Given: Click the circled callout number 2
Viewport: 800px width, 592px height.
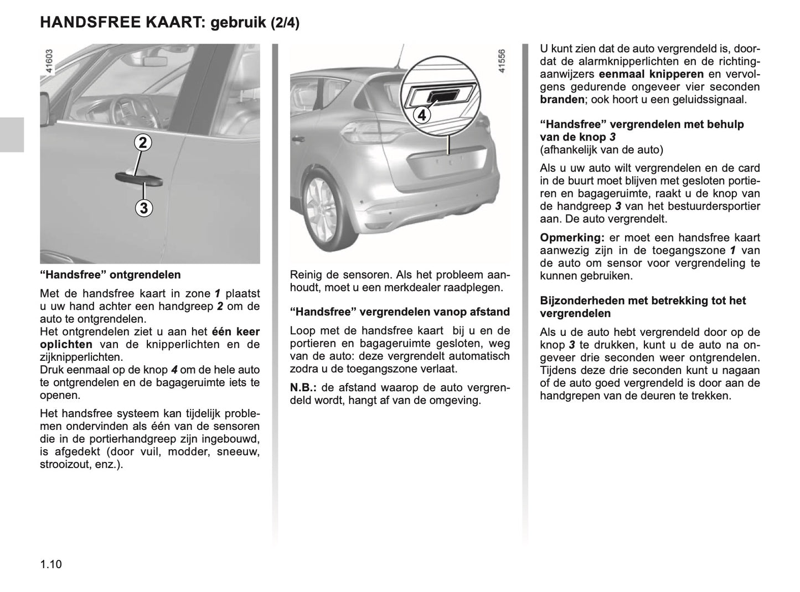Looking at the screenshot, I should click(x=143, y=143).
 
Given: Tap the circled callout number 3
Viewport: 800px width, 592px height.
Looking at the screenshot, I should click(x=143, y=209).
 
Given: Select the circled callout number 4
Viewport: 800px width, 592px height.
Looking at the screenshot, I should click(x=422, y=116).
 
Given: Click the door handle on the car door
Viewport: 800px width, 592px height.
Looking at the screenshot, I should click(x=138, y=178).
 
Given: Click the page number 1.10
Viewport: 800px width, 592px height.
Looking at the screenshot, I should click(x=51, y=564).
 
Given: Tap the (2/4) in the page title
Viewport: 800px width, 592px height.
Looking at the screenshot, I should click(x=285, y=23).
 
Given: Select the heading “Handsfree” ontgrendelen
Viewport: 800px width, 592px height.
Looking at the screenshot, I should click(x=110, y=274).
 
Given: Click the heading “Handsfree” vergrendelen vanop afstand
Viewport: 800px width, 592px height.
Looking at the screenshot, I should click(x=400, y=311).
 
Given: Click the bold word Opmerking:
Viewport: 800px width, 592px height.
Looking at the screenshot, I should click(x=572, y=237).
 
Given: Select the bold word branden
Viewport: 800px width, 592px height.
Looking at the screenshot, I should click(x=561, y=100).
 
